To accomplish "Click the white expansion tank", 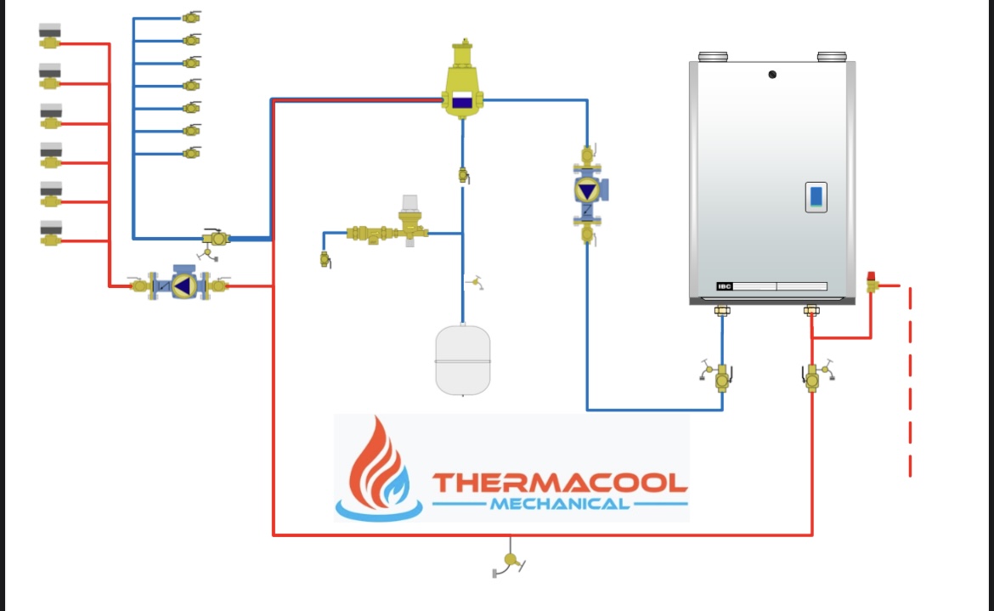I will (x=463, y=359).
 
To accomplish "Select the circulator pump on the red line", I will (x=181, y=286).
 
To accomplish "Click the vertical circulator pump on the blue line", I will (x=587, y=193).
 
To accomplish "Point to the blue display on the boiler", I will (x=816, y=197).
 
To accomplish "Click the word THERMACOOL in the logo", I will (x=559, y=483).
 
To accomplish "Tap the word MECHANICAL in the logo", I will (x=559, y=504).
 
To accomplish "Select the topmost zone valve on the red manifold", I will (x=50, y=36).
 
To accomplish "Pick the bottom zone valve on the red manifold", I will (x=50, y=232).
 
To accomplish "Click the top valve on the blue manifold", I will (x=191, y=16).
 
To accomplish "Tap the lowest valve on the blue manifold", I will (x=191, y=153).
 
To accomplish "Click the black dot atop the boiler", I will (x=772, y=75).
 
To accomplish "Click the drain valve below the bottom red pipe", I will (x=510, y=561).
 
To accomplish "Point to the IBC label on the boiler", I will (x=725, y=286).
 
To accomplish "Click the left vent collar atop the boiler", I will (x=714, y=57).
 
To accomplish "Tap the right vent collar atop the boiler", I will (x=832, y=57).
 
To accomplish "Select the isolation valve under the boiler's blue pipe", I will (x=721, y=375).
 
